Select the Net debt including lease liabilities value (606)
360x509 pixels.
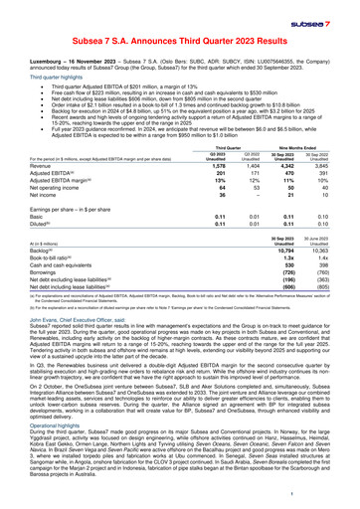click(293, 373)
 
